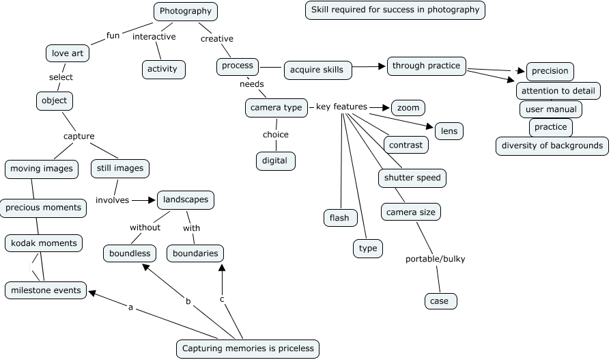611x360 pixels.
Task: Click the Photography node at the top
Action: (185, 11)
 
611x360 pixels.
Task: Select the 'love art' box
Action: (67, 53)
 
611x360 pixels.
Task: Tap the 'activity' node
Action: (163, 69)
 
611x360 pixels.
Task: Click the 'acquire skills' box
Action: (317, 70)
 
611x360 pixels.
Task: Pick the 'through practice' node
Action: (427, 66)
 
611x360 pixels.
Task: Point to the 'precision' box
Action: (550, 71)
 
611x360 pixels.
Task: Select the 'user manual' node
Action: (551, 109)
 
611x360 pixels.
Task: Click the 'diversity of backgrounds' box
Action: (552, 146)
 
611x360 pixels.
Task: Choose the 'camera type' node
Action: (276, 108)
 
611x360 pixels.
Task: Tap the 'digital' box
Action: (275, 161)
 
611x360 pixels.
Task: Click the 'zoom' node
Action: (408, 108)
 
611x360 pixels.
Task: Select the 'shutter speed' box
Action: (412, 178)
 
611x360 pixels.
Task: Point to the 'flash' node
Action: (339, 218)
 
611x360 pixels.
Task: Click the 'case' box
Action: (440, 301)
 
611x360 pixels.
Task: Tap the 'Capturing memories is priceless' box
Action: (248, 348)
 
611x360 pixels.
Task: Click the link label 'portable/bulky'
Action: (435, 259)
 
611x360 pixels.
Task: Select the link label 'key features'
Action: (341, 107)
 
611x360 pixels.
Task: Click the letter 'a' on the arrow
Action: (130, 307)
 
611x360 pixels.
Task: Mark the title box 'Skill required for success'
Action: (395, 10)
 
